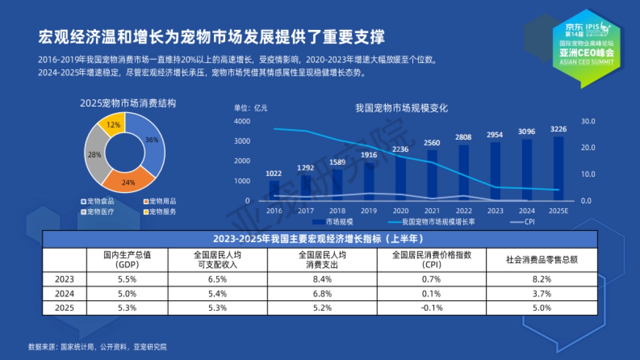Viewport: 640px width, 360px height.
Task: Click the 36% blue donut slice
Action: [152, 140]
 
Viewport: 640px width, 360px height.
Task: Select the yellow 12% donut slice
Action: [113, 124]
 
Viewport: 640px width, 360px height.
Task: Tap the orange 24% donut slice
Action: [129, 181]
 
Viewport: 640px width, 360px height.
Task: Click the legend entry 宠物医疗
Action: [98, 211]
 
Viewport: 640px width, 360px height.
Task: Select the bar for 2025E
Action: [558, 169]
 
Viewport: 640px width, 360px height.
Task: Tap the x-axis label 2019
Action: [368, 211]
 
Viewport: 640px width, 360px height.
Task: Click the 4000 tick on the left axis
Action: [242, 121]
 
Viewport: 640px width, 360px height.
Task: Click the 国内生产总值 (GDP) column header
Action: [127, 259]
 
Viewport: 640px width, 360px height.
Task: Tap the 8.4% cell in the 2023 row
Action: [322, 279]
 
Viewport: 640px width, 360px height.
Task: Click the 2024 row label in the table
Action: [65, 293]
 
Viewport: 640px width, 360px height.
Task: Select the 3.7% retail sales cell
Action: [542, 293]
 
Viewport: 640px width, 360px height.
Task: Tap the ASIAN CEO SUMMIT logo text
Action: [586, 62]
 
